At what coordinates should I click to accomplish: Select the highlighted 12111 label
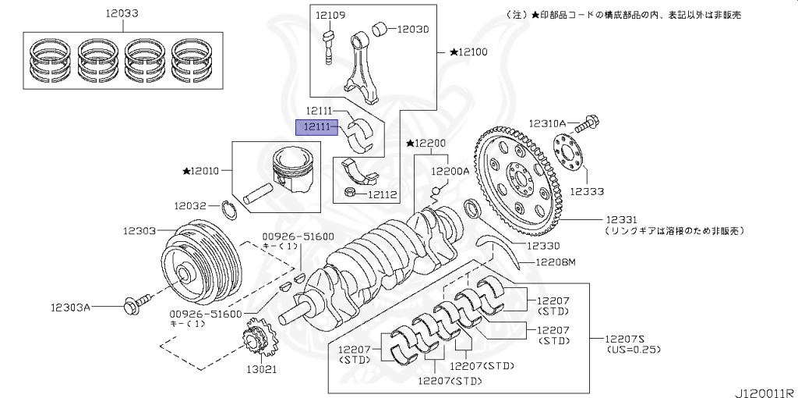click(x=319, y=126)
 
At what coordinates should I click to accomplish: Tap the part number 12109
click(x=330, y=15)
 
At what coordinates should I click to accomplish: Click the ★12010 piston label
click(x=201, y=170)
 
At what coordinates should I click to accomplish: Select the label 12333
click(x=588, y=190)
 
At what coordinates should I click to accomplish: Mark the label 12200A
click(x=450, y=170)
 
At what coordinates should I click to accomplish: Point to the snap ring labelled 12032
click(x=230, y=208)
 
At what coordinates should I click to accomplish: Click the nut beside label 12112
click(x=351, y=191)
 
